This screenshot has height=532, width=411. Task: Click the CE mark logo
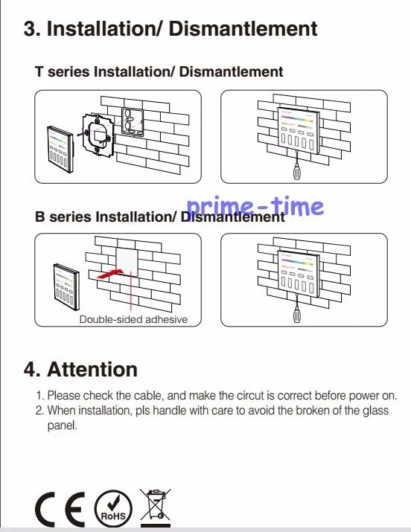click(60, 509)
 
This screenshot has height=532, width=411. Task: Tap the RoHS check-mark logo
click(113, 509)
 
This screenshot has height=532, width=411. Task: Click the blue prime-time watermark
click(255, 207)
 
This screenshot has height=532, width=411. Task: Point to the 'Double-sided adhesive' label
click(133, 319)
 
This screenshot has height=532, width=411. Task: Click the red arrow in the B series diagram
click(109, 274)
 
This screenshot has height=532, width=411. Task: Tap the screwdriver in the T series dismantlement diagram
click(297, 167)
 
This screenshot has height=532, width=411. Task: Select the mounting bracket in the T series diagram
click(97, 135)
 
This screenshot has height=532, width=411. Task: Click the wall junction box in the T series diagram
click(132, 121)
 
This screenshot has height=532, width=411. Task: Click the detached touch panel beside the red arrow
click(66, 287)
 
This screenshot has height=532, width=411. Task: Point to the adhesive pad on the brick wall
click(127, 262)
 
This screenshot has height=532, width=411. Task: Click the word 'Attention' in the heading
click(92, 369)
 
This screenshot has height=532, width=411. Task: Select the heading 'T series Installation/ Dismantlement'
click(159, 71)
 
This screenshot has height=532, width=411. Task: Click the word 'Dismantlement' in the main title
click(243, 28)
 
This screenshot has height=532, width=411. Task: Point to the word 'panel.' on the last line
click(63, 426)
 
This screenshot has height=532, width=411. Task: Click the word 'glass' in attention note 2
click(375, 411)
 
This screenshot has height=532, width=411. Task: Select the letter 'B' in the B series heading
click(39, 217)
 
